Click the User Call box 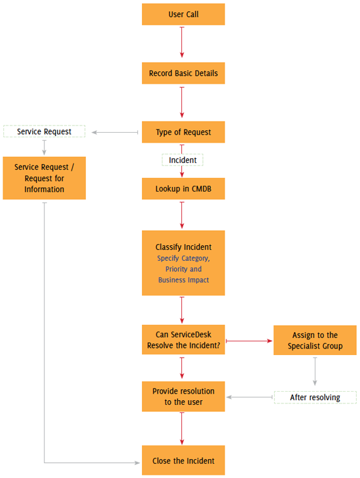click(x=183, y=14)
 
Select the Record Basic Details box click(x=183, y=73)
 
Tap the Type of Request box click(x=183, y=132)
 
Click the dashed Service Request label click(x=44, y=131)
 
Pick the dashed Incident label click(x=183, y=160)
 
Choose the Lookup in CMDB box click(x=183, y=188)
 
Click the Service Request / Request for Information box click(x=44, y=177)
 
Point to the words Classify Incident click(x=183, y=247)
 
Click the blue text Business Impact click(x=183, y=280)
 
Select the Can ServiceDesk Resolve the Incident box click(x=183, y=340)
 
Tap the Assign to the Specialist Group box click(x=315, y=340)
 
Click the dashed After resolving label click(x=315, y=397)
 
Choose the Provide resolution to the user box click(x=183, y=396)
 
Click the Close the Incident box click(x=183, y=460)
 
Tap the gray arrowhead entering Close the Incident click(x=137, y=463)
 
